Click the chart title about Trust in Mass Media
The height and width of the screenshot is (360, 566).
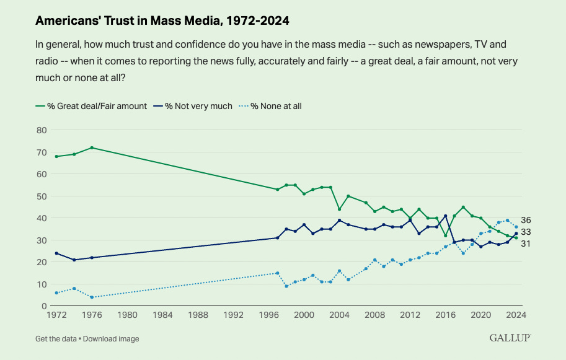point(162,20)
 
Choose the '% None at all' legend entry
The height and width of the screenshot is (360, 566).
point(276,106)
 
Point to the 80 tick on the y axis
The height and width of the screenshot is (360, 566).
point(42,130)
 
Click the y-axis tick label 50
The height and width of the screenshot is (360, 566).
point(42,196)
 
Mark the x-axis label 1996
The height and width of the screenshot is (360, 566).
point(268,314)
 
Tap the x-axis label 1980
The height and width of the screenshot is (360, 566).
point(127,314)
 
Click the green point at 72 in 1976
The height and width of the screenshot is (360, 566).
point(92,147)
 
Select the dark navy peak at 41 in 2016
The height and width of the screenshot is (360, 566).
point(445,216)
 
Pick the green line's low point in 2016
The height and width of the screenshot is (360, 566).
point(445,235)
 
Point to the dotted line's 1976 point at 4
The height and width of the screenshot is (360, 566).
point(92,297)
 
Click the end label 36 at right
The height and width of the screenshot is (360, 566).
point(526,221)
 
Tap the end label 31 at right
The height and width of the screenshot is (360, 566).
point(526,244)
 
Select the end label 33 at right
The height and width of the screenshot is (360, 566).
point(526,232)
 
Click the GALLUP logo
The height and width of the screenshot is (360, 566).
point(510,338)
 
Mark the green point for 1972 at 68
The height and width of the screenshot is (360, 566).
point(56,156)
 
